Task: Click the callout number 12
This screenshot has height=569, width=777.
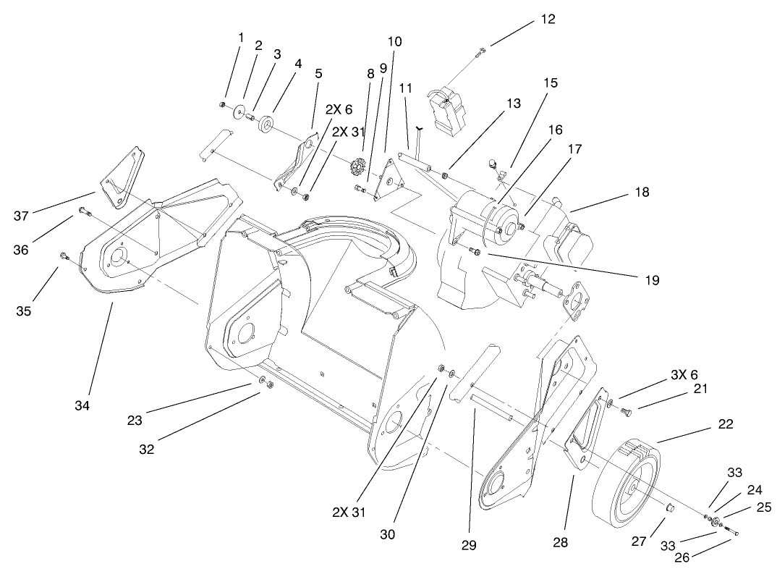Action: [x=548, y=20]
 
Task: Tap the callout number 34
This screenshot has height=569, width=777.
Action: [x=82, y=405]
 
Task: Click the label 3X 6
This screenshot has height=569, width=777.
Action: [x=683, y=374]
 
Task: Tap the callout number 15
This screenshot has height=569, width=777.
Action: [x=551, y=83]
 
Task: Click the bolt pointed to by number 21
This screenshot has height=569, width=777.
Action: [x=627, y=412]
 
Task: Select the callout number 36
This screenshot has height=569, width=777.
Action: [x=20, y=249]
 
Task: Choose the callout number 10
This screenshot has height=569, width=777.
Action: [x=394, y=41]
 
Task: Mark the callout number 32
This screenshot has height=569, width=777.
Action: [x=146, y=448]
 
